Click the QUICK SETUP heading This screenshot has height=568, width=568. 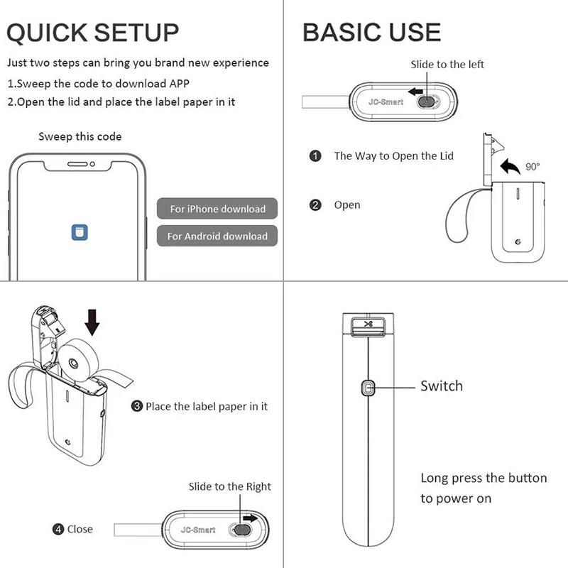pyautogui.click(x=93, y=32)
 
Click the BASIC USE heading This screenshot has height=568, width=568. pyautogui.click(x=371, y=32)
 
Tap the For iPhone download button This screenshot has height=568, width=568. pyautogui.click(x=217, y=209)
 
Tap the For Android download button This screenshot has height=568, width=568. pyautogui.click(x=217, y=236)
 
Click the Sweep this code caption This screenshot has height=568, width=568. pyautogui.click(x=80, y=136)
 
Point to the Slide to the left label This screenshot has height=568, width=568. pyautogui.click(x=447, y=65)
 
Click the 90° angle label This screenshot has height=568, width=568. pyautogui.click(x=532, y=167)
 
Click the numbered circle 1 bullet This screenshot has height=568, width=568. pyautogui.click(x=315, y=155)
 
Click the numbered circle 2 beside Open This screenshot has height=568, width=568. pyautogui.click(x=315, y=205)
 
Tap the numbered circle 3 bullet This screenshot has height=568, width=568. pyautogui.click(x=137, y=407)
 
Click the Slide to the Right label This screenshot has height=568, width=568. pyautogui.click(x=229, y=486)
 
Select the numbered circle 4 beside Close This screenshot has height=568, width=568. pyautogui.click(x=58, y=529)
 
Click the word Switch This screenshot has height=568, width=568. pyautogui.click(x=441, y=386)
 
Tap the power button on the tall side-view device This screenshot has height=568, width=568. pyautogui.click(x=368, y=388)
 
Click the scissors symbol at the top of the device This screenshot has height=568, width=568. pyautogui.click(x=368, y=324)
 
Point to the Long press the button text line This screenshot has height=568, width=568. pyautogui.click(x=484, y=478)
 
